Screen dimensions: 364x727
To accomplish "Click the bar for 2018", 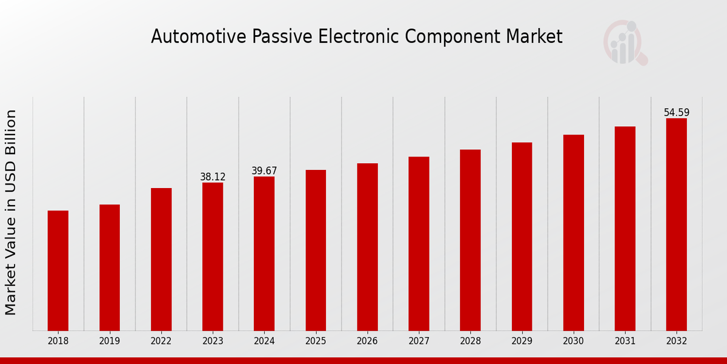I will (58, 271).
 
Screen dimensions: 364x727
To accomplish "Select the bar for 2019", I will (110, 268).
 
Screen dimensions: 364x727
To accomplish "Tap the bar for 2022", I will (161, 259).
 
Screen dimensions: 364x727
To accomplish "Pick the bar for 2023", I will (213, 257).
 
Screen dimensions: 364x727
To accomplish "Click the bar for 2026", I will (367, 247).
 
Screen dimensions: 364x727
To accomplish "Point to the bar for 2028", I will (470, 240).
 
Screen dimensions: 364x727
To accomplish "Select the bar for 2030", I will (573, 232).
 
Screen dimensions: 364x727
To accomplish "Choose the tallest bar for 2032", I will (676, 224).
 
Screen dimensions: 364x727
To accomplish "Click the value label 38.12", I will (213, 177).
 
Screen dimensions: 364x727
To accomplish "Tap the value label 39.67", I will (264, 171).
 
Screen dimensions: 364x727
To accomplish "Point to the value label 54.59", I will (676, 113).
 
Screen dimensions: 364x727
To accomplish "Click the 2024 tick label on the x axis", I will (264, 342).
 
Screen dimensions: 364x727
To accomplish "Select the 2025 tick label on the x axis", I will (316, 342).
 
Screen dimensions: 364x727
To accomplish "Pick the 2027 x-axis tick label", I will (419, 342).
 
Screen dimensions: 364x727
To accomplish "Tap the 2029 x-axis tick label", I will (522, 342).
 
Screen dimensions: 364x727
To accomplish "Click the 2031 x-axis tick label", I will (625, 342).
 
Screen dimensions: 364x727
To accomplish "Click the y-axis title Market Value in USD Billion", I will (11, 212).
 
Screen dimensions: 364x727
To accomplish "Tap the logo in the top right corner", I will (625, 42).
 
